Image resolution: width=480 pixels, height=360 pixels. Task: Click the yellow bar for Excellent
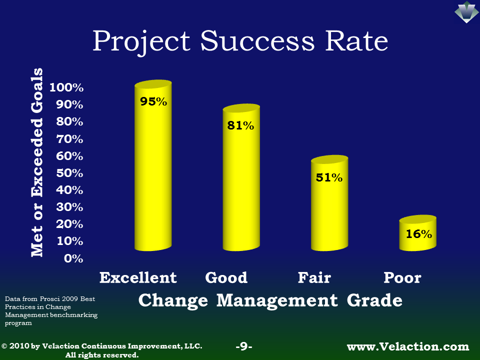pyautogui.click(x=153, y=165)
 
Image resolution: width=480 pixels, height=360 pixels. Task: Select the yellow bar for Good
pyautogui.click(x=241, y=177)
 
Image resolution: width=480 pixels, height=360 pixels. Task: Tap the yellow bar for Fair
pyautogui.click(x=329, y=203)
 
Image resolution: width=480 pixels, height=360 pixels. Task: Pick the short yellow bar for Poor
pyautogui.click(x=417, y=233)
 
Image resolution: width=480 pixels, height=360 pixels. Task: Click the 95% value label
pyautogui.click(x=153, y=101)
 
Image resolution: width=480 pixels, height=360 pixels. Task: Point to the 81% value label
pyautogui.click(x=240, y=125)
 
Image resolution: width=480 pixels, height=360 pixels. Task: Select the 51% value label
pyautogui.click(x=329, y=177)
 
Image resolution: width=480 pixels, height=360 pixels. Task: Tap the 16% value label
pyautogui.click(x=419, y=234)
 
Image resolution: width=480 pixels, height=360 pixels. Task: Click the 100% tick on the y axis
pyautogui.click(x=66, y=87)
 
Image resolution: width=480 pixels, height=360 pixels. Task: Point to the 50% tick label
pyautogui.click(x=69, y=173)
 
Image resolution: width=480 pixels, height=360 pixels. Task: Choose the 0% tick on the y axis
pyautogui.click(x=73, y=258)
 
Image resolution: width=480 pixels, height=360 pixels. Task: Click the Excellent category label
pyautogui.click(x=138, y=277)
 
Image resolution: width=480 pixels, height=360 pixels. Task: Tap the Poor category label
pyautogui.click(x=402, y=277)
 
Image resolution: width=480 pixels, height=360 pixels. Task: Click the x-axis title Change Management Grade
pyautogui.click(x=270, y=300)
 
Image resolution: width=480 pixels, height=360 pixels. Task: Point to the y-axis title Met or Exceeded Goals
pyautogui.click(x=37, y=162)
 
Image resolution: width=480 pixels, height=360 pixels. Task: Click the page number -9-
pyautogui.click(x=244, y=346)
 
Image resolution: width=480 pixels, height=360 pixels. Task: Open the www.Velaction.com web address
pyautogui.click(x=408, y=346)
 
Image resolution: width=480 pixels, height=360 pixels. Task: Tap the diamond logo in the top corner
pyautogui.click(x=466, y=12)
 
